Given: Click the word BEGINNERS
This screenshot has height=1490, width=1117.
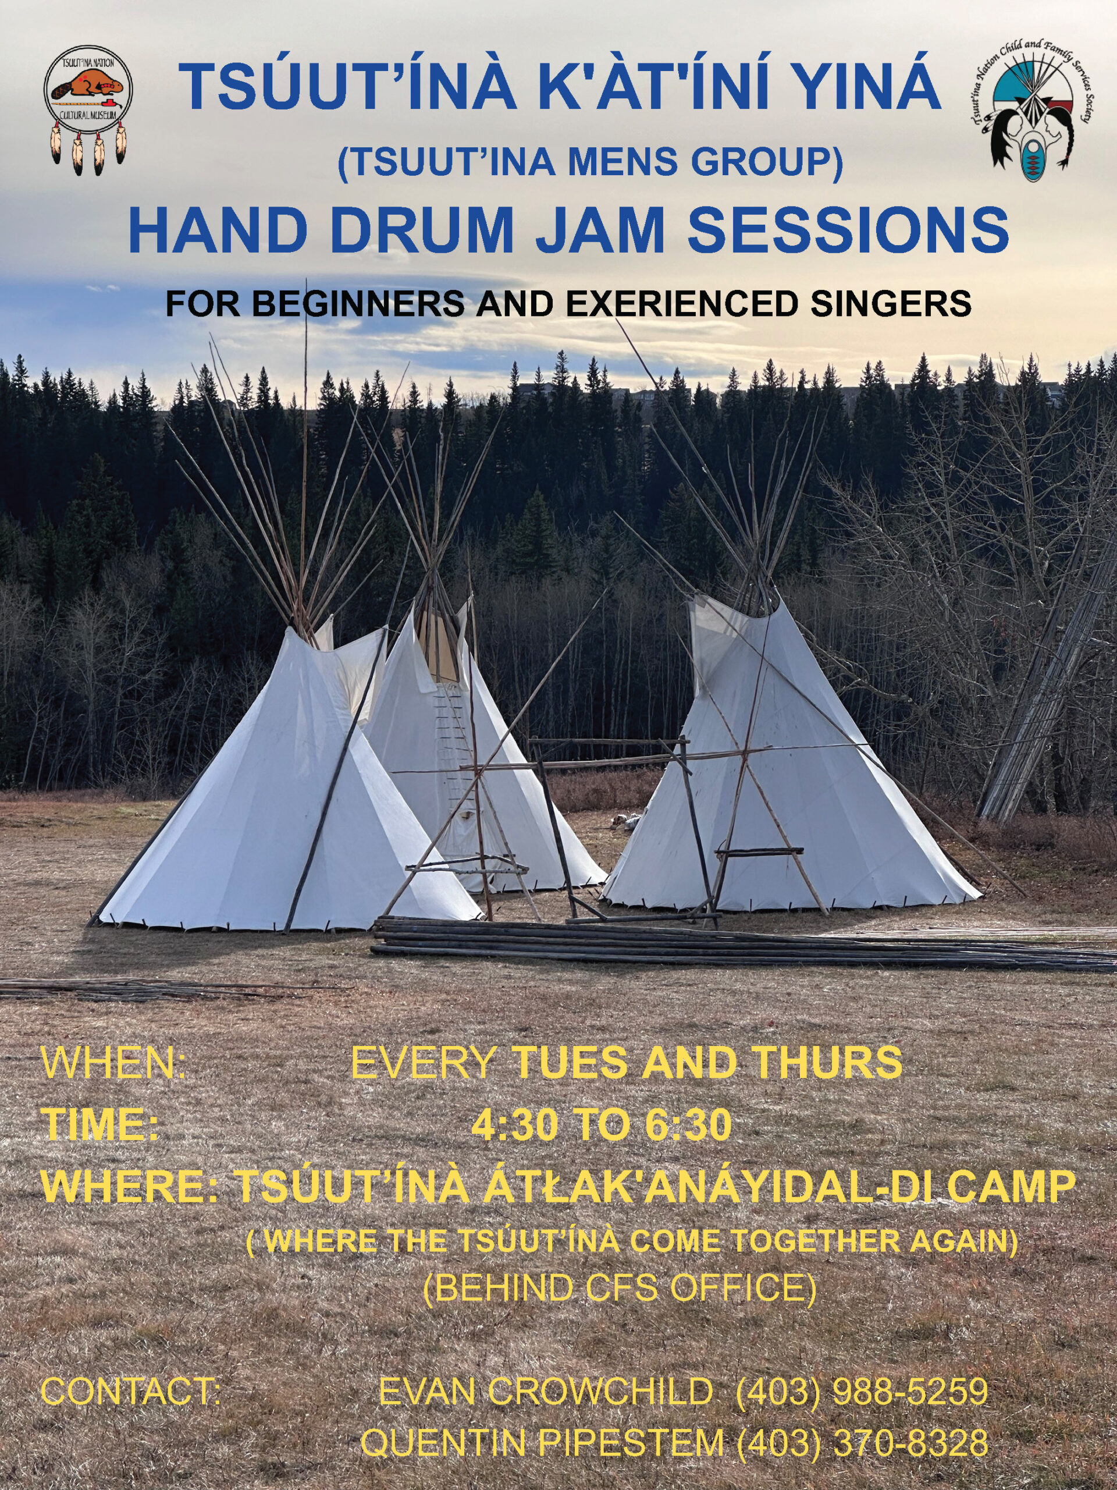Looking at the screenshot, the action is pyautogui.click(x=360, y=304).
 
